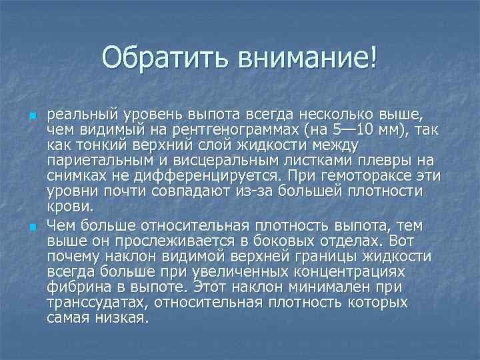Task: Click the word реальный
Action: coord(79,114)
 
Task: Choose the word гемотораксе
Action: coord(363,175)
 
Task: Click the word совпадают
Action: coord(187,191)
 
